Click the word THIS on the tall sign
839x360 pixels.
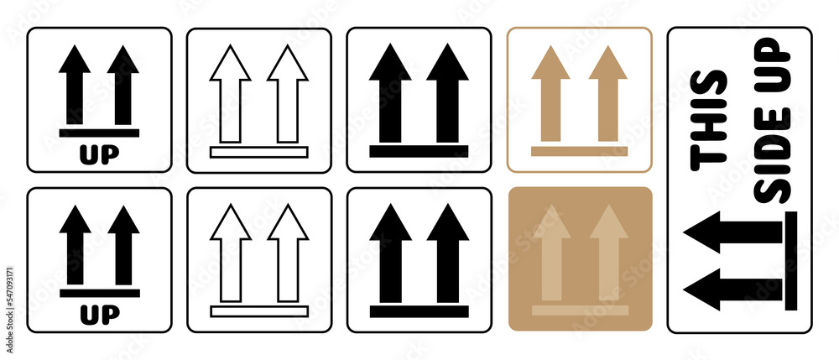point(707,116)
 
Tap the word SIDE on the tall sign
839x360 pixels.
point(773,172)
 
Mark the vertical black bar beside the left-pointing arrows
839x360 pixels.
point(790,260)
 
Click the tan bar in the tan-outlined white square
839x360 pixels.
point(579,151)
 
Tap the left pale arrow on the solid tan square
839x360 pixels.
point(551,252)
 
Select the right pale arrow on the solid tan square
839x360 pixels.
point(608,252)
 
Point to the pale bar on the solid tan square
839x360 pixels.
point(580,310)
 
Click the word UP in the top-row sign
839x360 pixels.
point(99,154)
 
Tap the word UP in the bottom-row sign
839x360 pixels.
point(99,315)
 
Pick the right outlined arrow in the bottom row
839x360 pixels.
point(288,252)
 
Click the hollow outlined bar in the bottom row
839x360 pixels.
point(259,311)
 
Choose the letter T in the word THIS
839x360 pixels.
point(707,152)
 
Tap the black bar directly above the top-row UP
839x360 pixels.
point(99,133)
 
